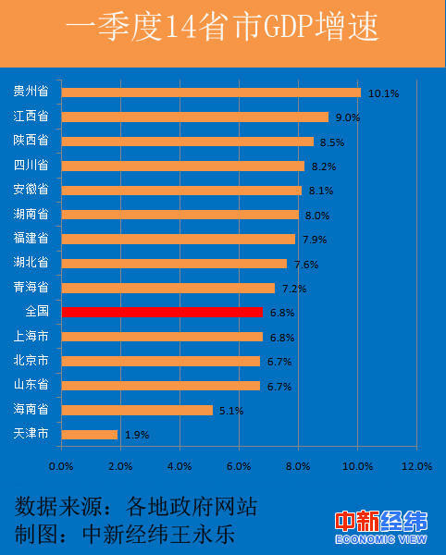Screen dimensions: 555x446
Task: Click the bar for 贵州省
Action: click(x=211, y=92)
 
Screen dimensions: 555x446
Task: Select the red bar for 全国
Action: click(x=162, y=312)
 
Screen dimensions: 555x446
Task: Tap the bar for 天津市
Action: click(x=90, y=434)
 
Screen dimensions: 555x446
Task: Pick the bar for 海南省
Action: click(x=137, y=410)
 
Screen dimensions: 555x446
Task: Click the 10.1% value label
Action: click(x=383, y=93)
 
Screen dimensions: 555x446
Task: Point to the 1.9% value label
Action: click(x=136, y=435)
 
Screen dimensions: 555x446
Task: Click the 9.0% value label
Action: click(x=346, y=117)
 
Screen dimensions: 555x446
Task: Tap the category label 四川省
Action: click(x=31, y=166)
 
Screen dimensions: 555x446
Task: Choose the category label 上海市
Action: click(x=31, y=337)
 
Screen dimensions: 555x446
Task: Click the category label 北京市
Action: click(x=31, y=361)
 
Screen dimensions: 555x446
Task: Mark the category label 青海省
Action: click(x=31, y=288)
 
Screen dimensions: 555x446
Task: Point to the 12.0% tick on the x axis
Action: click(x=417, y=466)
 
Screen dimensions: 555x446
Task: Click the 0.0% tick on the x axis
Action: click(x=62, y=466)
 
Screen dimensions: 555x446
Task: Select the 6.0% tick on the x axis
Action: click(x=240, y=466)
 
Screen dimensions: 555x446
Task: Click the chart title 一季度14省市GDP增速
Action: click(x=223, y=29)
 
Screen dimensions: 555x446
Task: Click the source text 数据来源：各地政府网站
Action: click(x=135, y=506)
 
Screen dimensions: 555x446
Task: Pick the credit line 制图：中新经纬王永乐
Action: click(x=135, y=535)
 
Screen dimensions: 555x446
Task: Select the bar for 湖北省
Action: click(x=174, y=263)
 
